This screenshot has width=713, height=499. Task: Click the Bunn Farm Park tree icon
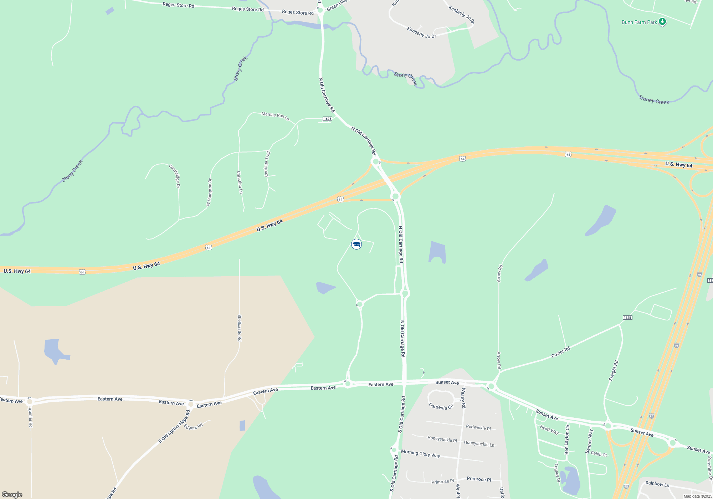pyautogui.click(x=662, y=22)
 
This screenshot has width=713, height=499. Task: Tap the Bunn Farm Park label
pyautogui.click(x=639, y=22)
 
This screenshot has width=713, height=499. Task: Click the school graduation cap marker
pyautogui.click(x=356, y=244)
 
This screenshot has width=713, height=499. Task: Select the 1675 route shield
pyautogui.click(x=327, y=119)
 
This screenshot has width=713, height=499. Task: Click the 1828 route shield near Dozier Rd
pyautogui.click(x=627, y=318)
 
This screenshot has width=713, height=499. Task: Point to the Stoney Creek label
pyautogui.click(x=653, y=99)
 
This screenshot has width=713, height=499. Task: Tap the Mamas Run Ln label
pyautogui.click(x=275, y=116)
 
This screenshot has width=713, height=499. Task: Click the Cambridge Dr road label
pyautogui.click(x=175, y=176)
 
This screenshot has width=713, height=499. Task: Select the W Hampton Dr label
pyautogui.click(x=209, y=192)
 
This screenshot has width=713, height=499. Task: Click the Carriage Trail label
pyautogui.click(x=267, y=164)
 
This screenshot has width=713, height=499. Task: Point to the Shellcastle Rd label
pyautogui.click(x=240, y=328)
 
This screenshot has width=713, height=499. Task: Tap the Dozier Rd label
pyautogui.click(x=560, y=352)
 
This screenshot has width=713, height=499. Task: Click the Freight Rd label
pyautogui.click(x=614, y=371)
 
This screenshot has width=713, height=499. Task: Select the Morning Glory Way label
pyautogui.click(x=420, y=453)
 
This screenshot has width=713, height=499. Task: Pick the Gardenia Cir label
pyautogui.click(x=441, y=406)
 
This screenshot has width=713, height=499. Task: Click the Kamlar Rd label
pyautogui.click(x=30, y=418)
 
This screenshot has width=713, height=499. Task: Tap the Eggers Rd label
pyautogui.click(x=193, y=426)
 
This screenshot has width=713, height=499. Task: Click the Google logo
pyautogui.click(x=12, y=495)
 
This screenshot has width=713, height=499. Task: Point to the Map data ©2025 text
pyautogui.click(x=697, y=496)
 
